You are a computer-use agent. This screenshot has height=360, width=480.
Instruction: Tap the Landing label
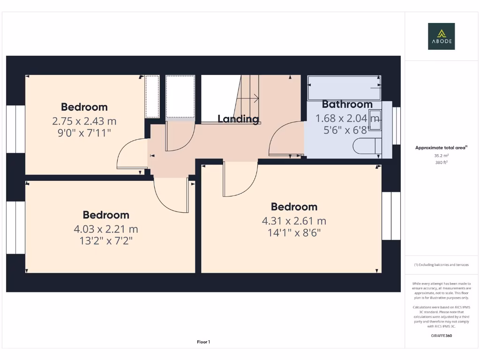pyautogui.click(x=238, y=119)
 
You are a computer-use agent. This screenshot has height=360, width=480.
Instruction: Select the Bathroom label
pyautogui.click(x=347, y=104)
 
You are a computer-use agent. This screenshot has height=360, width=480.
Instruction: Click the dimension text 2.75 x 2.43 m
pyautogui.click(x=84, y=121)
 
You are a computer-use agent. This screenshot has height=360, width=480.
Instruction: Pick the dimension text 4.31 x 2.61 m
pyautogui.click(x=294, y=221)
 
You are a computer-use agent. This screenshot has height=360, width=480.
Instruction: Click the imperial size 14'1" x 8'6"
pyautogui.click(x=294, y=232)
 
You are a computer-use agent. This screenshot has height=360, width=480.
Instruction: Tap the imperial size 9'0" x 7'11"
pyautogui.click(x=84, y=133)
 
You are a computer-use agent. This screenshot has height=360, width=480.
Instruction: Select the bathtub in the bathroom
pyautogui.click(x=344, y=87)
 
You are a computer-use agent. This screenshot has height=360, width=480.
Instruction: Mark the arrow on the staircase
pyautogui.click(x=255, y=98)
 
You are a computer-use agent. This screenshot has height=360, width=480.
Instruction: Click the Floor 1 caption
pyautogui.click(x=203, y=342)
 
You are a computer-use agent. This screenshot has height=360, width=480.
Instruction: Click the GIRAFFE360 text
pyautogui.click(x=442, y=336)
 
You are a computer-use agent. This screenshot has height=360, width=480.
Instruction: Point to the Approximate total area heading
pyautogui.click(x=441, y=148)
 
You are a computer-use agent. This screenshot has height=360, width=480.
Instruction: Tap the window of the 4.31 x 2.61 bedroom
pyautogui.click(x=391, y=216)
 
